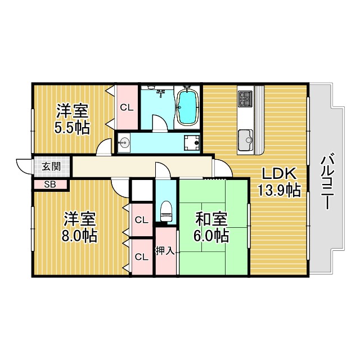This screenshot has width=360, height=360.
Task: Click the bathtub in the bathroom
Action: click(188, 107)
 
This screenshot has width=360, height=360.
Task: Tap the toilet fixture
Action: click(166, 211)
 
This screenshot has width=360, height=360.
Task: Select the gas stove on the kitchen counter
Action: click(246, 99)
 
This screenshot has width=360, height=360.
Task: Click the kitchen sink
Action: click(246, 140)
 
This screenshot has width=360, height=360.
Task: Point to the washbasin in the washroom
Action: click(124, 142)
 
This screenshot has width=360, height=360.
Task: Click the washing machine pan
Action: click(192, 142)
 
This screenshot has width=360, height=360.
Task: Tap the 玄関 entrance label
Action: click(51, 166)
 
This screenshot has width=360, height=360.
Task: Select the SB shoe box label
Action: click(50, 184)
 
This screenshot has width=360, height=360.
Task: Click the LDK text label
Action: click(278, 174)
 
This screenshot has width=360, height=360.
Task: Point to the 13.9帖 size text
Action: click(279, 190)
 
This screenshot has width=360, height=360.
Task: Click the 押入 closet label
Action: click(165, 250)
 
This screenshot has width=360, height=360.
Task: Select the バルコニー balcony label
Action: click(327, 182)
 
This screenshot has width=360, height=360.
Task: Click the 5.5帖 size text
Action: click(72, 128)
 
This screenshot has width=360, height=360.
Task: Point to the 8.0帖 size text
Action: click(79, 236)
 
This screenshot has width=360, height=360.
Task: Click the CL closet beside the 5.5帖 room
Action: click(127, 107)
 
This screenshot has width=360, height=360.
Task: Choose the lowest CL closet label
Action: click(142, 257)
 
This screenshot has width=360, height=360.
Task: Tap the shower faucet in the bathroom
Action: click(161, 92)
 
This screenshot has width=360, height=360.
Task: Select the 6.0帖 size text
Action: click(211, 235)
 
